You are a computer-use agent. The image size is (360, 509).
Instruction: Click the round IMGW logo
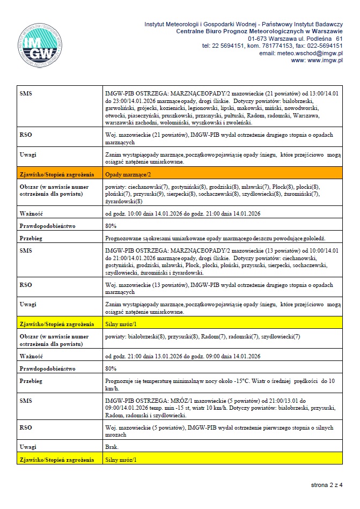coord(40,46)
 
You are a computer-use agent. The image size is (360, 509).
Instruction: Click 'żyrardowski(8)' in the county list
coord(124,201)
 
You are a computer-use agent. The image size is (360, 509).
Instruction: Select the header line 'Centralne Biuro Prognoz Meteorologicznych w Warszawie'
coord(260,32)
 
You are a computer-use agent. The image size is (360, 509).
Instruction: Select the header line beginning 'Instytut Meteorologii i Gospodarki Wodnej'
coord(244,25)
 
